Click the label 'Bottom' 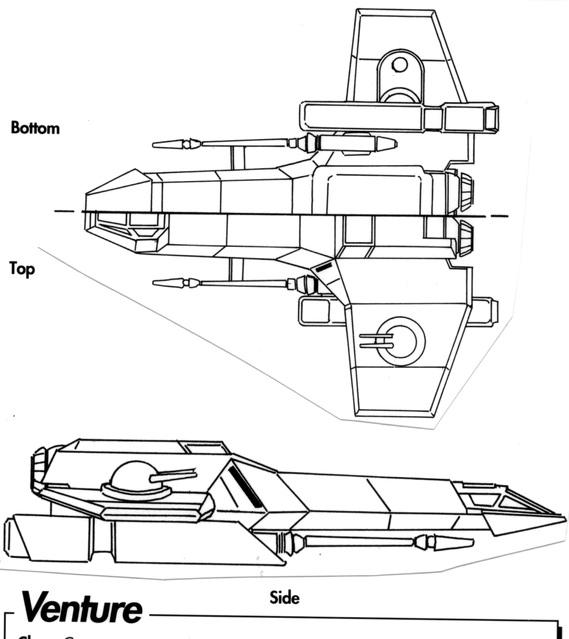pyautogui.click(x=35, y=128)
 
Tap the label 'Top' pyautogui.click(x=23, y=269)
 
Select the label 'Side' pyautogui.click(x=284, y=598)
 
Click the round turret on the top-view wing pyautogui.click(x=402, y=341)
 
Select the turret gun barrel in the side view pyautogui.click(x=173, y=475)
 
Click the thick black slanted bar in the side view pyautogui.click(x=245, y=486)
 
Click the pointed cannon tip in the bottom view pyautogui.click(x=165, y=144)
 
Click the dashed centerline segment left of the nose pyautogui.click(x=64, y=211)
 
